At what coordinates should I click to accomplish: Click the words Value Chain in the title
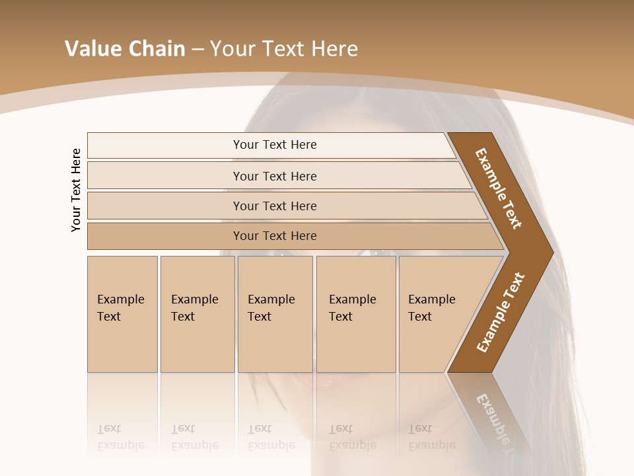coord(125,49)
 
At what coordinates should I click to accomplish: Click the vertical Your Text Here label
coord(76,190)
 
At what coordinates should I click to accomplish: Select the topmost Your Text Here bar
coord(275,145)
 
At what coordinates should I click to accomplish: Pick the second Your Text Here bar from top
coord(275,176)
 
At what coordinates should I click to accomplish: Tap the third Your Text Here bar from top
coord(275,206)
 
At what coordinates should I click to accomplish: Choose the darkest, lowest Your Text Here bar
coord(275,236)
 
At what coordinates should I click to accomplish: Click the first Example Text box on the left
coord(122,314)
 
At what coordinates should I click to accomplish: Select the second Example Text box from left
coord(197,314)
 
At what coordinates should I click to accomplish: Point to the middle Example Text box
coord(275,314)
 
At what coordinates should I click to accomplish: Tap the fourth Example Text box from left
coord(356,314)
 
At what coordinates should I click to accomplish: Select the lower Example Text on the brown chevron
coord(501,313)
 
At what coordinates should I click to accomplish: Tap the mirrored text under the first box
coord(121,437)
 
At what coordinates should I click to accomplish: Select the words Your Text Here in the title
coord(284,49)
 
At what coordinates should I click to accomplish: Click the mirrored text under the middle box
coord(271,437)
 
